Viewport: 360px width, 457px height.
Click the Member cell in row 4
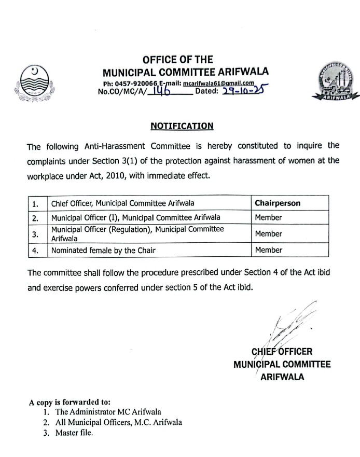coord(269,250)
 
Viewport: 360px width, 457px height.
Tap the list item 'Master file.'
coord(73,434)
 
